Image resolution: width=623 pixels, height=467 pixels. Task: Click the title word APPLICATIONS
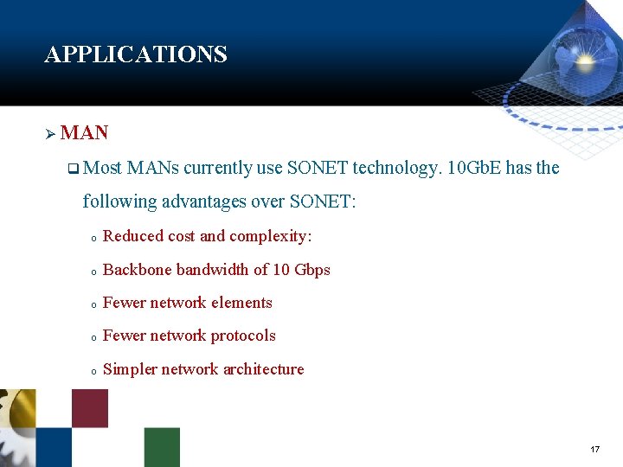[x=136, y=54]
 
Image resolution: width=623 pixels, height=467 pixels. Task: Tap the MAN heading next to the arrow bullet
[x=85, y=133]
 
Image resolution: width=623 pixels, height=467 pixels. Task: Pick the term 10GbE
[x=474, y=168]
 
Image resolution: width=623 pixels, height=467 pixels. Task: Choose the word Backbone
[x=138, y=270]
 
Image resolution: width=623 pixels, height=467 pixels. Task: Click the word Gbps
[x=312, y=270]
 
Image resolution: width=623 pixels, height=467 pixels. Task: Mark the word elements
[x=241, y=303]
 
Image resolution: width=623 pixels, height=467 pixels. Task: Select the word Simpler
[x=130, y=369]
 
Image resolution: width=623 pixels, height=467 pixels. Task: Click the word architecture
[x=263, y=369]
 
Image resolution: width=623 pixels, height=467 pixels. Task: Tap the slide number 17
[x=594, y=450]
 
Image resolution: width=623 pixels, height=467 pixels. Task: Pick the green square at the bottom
[x=162, y=447]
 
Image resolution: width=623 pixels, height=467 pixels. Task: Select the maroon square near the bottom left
[x=90, y=408]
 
